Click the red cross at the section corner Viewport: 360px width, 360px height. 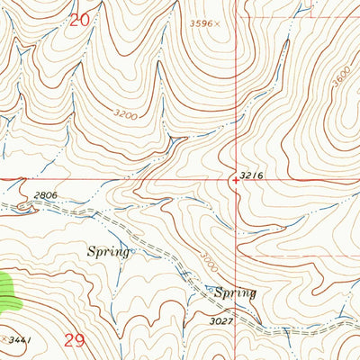click(236, 180)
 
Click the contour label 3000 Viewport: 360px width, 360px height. click(209, 253)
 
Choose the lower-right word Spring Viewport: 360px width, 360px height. click(234, 292)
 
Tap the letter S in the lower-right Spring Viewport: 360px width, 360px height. click(217, 292)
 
